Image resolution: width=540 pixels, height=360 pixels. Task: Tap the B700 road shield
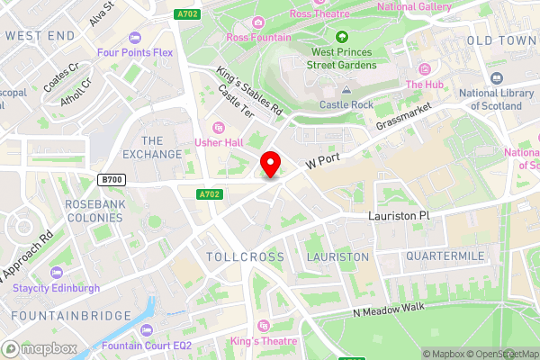point(112,180)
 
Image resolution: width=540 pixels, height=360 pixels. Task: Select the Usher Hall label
point(220,142)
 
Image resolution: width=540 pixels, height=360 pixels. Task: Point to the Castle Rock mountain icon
point(346,89)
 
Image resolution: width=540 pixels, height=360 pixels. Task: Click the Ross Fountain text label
point(259,38)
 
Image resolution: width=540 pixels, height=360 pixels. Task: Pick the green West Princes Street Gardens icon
point(341,37)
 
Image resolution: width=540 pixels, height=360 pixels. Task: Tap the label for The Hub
point(426,85)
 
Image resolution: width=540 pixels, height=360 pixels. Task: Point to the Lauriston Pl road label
point(400,217)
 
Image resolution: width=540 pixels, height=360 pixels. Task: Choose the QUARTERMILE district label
point(445,256)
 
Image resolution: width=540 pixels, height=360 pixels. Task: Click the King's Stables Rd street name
point(249,93)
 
